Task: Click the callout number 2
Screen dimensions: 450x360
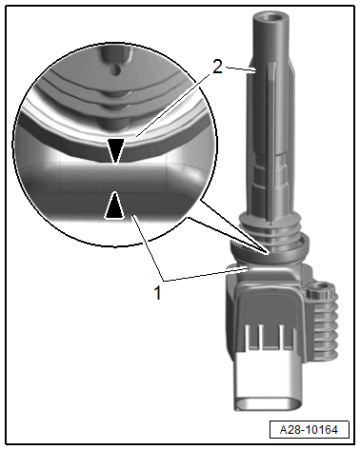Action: [219, 68]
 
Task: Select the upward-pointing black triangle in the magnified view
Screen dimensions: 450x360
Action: [114, 205]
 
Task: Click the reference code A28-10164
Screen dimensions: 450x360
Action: [313, 427]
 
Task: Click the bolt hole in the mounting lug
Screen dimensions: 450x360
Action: [322, 290]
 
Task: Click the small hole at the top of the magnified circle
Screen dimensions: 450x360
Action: [115, 68]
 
